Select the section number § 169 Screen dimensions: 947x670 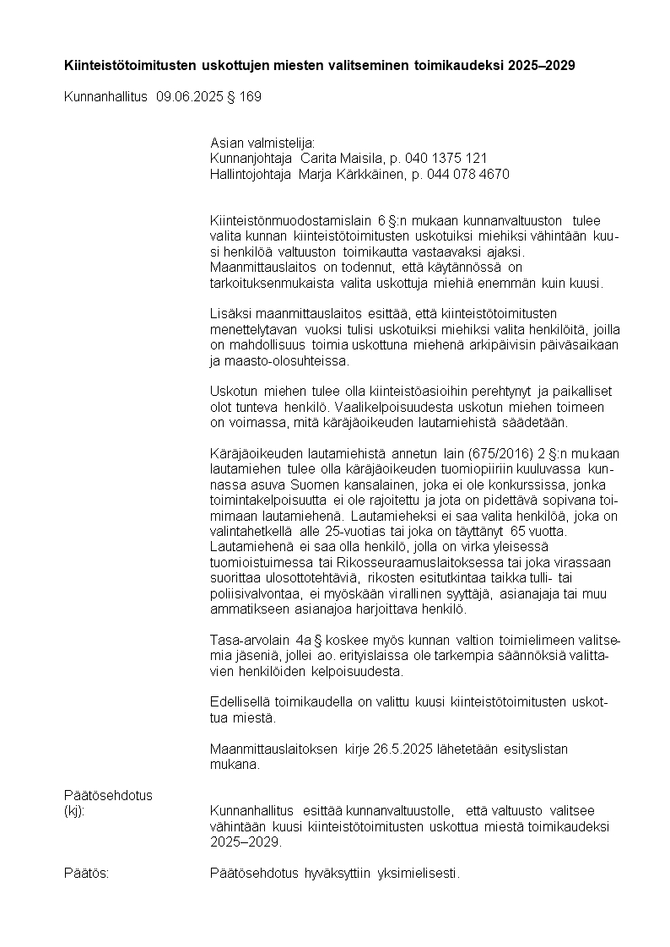pos(245,97)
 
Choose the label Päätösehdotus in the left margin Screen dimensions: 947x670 pos(108,795)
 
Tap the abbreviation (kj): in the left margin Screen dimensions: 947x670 pos(74,811)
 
